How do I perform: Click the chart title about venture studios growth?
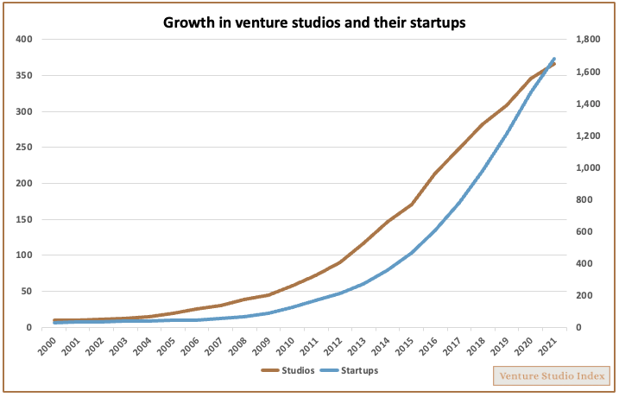pyautogui.click(x=314, y=22)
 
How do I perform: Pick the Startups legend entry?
pyautogui.click(x=351, y=370)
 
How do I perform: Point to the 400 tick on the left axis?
pyautogui.click(x=23, y=40)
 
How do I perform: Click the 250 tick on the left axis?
pyautogui.click(x=23, y=148)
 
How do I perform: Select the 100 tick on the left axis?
pyautogui.click(x=23, y=255)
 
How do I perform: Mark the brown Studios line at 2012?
pyautogui.click(x=340, y=262)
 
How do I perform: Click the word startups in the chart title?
pyautogui.click(x=436, y=23)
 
